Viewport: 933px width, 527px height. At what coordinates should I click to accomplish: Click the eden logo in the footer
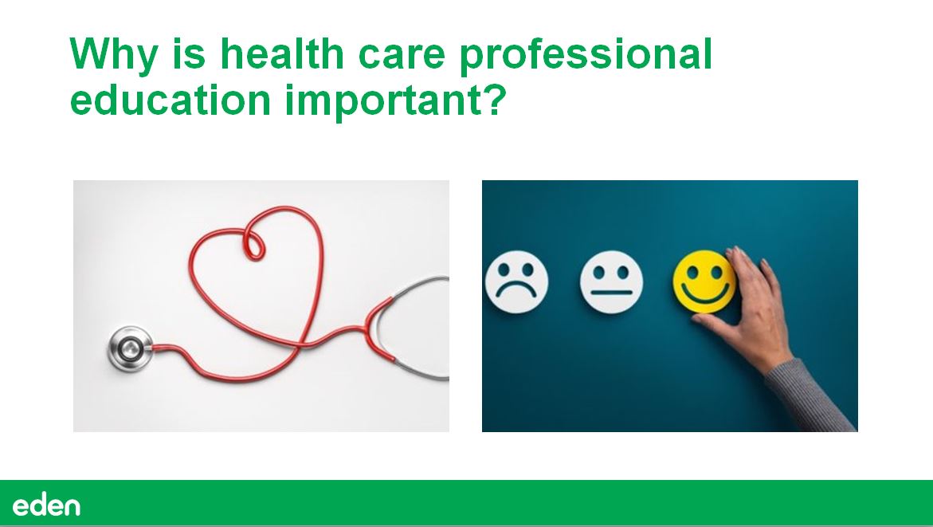46,505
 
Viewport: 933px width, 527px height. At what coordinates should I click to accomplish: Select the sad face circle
516,281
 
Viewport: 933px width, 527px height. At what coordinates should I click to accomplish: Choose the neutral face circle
611,281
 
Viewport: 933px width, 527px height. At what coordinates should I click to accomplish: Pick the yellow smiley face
704,281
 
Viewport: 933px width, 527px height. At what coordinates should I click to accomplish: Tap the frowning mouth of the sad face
516,293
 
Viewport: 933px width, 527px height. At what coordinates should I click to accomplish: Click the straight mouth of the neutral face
611,293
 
